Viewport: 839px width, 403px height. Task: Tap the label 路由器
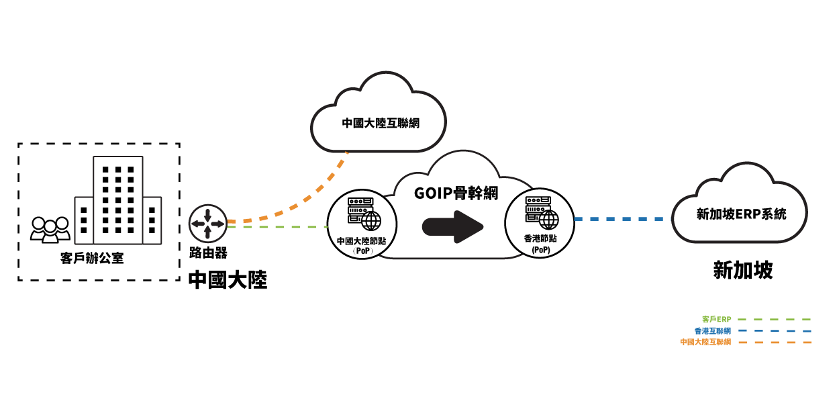tap(208, 253)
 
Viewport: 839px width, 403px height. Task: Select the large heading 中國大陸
tap(228, 279)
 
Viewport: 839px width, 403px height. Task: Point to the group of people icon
tap(50, 229)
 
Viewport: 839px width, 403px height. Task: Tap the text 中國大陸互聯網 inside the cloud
tap(380, 123)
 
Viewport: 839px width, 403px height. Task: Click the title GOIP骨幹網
tap(456, 193)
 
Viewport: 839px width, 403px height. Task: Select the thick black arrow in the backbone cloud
tap(452, 227)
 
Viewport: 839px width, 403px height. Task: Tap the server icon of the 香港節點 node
tap(541, 212)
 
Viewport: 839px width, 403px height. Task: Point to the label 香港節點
tap(540, 238)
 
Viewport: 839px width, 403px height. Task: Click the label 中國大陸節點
tap(362, 241)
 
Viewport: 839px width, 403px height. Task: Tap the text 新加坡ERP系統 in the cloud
tap(741, 214)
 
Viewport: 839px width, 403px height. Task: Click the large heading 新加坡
tap(742, 270)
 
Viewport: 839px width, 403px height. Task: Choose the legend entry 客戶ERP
tap(716, 319)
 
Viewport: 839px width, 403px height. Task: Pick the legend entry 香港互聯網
tap(712, 330)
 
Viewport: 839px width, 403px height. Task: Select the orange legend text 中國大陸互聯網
tap(705, 342)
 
